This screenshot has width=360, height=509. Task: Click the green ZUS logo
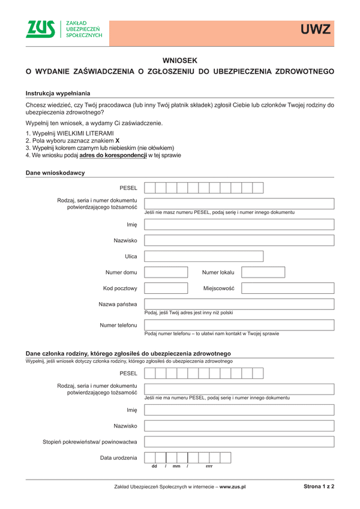[x=40, y=29]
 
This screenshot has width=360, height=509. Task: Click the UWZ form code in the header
[x=316, y=29]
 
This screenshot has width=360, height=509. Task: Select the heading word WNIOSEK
[x=180, y=61]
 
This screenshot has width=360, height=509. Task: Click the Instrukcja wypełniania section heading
[x=58, y=94]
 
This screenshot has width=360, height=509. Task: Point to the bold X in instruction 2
[x=117, y=140]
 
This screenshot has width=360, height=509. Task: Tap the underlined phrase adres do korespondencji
[x=113, y=155]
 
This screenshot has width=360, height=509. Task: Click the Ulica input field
[x=204, y=257]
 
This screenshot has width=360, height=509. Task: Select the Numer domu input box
[x=166, y=272]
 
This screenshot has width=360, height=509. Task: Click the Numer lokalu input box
[x=263, y=272]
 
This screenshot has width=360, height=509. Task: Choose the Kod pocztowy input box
[x=166, y=288]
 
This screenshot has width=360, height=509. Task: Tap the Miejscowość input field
[x=287, y=288]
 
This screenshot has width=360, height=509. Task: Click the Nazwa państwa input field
[x=239, y=304]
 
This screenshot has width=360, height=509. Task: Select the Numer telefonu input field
[x=239, y=325]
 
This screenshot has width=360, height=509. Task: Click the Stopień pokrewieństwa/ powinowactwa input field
[x=239, y=442]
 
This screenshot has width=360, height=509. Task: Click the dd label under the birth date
[x=154, y=466]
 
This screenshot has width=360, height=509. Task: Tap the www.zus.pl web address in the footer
[x=232, y=487]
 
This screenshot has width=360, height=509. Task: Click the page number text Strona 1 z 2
[x=319, y=486]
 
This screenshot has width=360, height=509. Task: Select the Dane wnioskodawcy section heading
[x=55, y=173]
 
